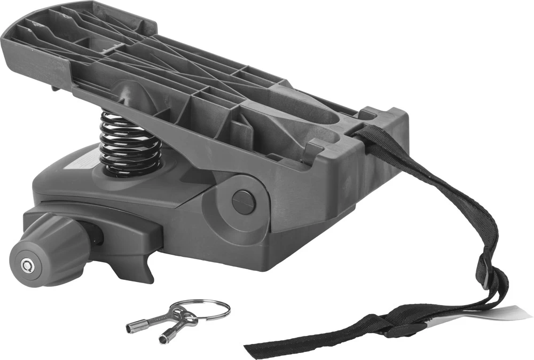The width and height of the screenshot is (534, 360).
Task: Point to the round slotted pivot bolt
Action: (x=244, y=201)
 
